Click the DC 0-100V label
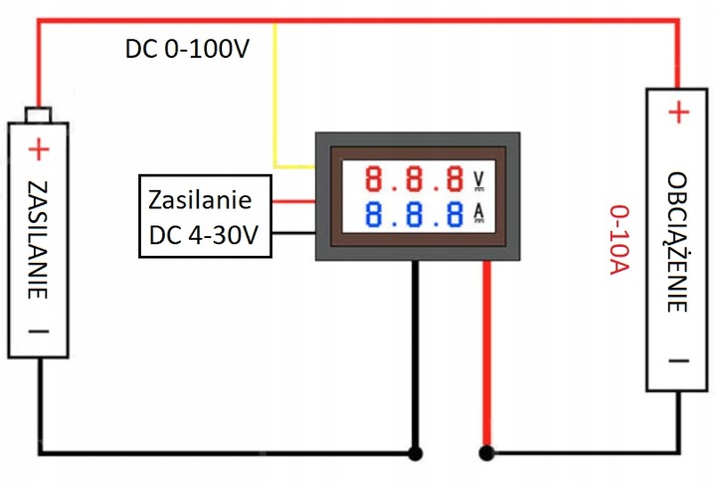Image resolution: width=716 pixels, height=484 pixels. tap(188, 49)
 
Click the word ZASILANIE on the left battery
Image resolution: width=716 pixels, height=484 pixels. tap(39, 239)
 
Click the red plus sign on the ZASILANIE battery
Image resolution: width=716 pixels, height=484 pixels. tap(38, 150)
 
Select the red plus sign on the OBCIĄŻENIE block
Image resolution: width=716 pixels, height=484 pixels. tap(677, 113)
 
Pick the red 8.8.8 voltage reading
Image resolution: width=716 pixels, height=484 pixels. tap(414, 179)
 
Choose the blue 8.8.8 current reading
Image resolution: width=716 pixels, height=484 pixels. tap(414, 214)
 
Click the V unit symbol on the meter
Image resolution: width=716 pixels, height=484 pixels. tap(478, 180)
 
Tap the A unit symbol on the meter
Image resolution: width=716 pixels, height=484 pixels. tap(478, 214)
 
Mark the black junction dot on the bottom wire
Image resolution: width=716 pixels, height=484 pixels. tap(415, 454)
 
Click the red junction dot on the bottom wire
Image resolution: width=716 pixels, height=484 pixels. tap(486, 454)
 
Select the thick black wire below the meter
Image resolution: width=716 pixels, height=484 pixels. tap(415, 359)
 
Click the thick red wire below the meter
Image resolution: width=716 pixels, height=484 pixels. tap(486, 359)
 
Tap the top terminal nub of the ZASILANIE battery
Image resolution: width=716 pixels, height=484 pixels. tap(38, 114)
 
